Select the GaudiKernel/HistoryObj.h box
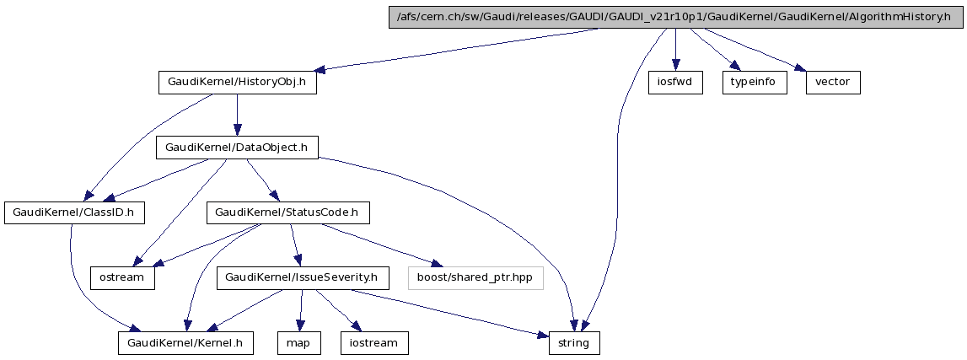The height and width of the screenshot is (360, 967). (237, 83)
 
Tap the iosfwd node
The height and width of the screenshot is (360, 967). (675, 83)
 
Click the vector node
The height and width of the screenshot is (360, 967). (833, 83)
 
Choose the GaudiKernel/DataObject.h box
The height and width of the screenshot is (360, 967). (237, 148)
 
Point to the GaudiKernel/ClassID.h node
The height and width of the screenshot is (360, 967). (74, 212)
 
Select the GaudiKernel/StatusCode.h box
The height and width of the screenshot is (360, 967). (287, 212)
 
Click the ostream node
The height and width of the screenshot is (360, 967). (123, 277)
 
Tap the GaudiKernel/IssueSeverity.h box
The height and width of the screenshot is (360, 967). (302, 277)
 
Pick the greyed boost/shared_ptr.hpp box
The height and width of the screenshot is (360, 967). (475, 277)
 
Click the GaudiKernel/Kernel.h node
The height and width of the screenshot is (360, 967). (185, 343)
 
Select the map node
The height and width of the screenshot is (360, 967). (299, 343)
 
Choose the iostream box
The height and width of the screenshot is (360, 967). (374, 343)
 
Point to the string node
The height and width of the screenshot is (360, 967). (575, 343)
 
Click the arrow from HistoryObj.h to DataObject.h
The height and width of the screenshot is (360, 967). (237, 115)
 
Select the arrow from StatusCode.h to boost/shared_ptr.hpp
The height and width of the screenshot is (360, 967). (371, 245)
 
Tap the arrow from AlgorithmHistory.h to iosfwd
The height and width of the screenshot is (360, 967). (675, 51)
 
